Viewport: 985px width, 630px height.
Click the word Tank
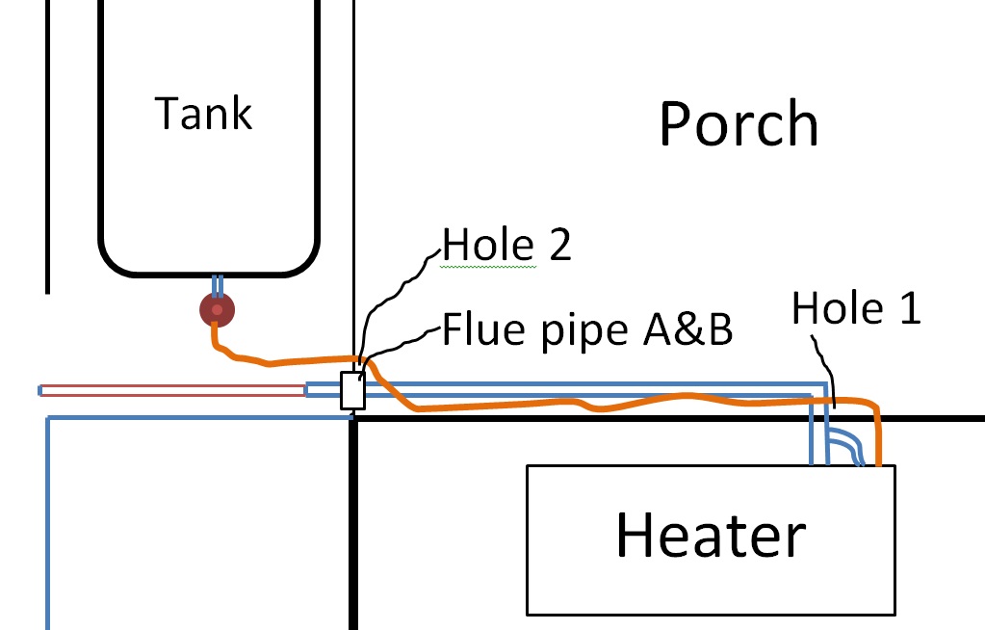[x=204, y=114]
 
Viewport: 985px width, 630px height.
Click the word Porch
[x=739, y=124]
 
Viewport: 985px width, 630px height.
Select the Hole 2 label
[x=506, y=246]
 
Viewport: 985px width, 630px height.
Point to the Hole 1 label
[x=856, y=309]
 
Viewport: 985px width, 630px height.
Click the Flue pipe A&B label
[x=587, y=330]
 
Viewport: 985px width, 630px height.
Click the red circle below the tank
[x=217, y=310]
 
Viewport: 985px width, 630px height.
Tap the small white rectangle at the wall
[x=352, y=390]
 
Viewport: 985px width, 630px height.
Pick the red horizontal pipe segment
[x=173, y=390]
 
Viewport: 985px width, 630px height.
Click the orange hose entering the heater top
[x=878, y=438]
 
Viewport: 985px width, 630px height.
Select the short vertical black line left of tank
[x=47, y=144]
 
